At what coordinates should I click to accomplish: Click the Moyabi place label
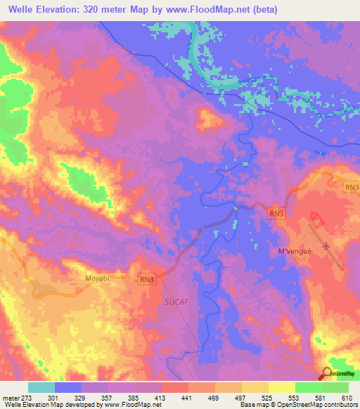[98, 279]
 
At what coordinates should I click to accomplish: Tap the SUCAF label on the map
[176, 301]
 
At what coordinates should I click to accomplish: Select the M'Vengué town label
[294, 252]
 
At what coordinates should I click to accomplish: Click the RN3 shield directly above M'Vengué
[277, 213]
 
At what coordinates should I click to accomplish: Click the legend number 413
[162, 397]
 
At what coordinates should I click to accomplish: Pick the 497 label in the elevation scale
[241, 397]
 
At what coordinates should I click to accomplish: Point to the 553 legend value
[294, 397]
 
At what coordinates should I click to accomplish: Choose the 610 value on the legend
[347, 397]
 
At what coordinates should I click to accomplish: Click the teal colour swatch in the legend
[41, 387]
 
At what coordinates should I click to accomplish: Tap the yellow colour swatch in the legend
[281, 387]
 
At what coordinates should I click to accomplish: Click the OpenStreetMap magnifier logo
[326, 374]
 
